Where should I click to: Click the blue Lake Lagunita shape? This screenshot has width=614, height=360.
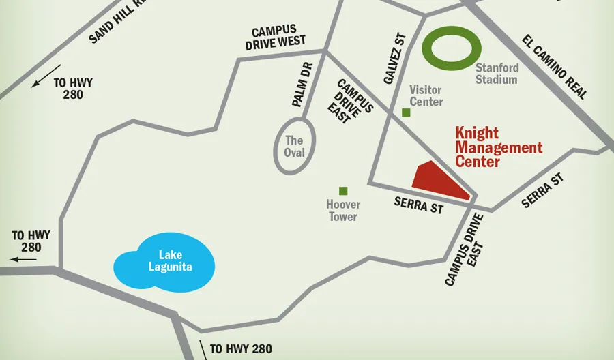[164, 262]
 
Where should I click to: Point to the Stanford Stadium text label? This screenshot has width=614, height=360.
[497, 74]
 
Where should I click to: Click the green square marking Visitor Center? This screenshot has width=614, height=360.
[406, 112]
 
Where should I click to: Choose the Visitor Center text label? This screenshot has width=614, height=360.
[426, 95]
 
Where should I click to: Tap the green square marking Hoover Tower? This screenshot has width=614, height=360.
[343, 191]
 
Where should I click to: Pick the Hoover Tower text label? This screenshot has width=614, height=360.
[343, 211]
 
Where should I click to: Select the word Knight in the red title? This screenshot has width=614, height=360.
[477, 133]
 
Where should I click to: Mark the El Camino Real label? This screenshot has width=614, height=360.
[554, 67]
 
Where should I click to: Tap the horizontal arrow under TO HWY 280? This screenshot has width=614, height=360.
[25, 259]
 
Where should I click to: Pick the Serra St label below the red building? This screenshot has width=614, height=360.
[418, 205]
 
